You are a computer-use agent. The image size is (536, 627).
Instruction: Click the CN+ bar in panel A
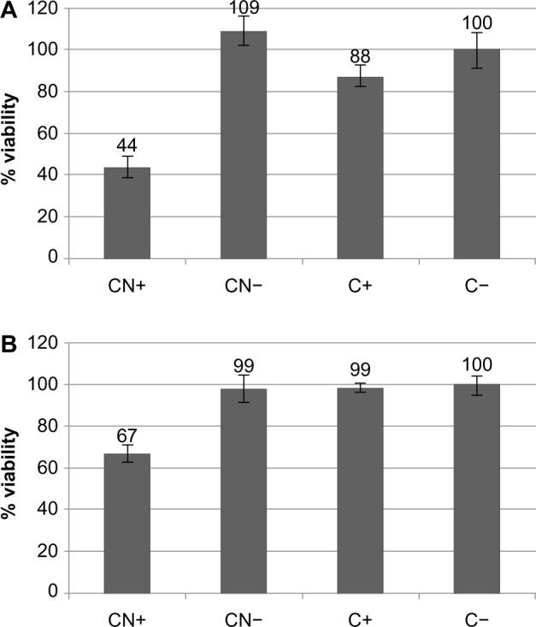pos(127,212)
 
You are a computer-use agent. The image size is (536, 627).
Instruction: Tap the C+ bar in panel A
pos(360,167)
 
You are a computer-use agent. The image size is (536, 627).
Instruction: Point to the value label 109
pos(244,9)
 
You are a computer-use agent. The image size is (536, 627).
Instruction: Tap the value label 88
pos(360,56)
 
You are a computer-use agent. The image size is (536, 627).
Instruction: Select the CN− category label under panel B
pos(244,617)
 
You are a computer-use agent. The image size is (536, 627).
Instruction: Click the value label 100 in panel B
pos(476,366)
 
